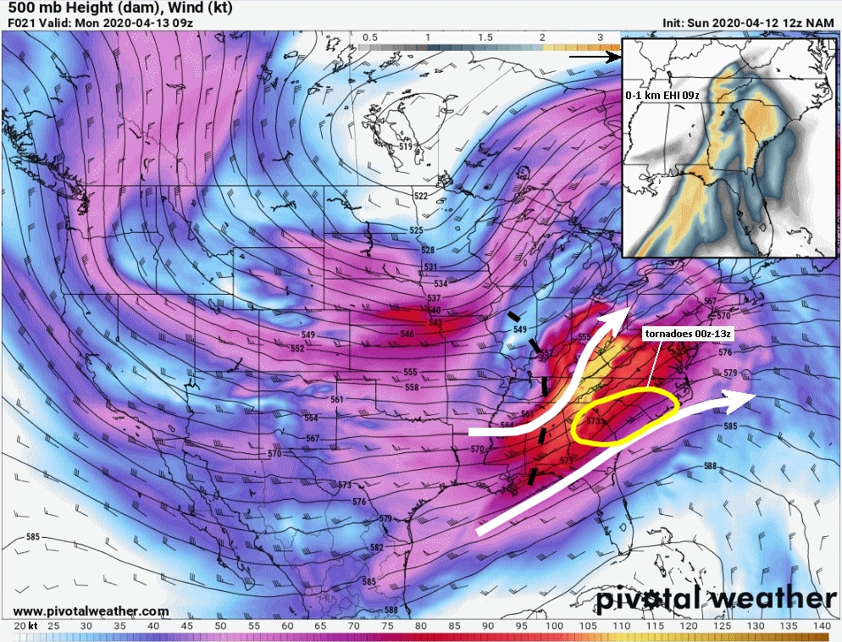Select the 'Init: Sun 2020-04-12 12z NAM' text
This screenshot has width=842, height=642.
coord(749,23)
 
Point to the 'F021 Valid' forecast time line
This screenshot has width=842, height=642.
coord(100,23)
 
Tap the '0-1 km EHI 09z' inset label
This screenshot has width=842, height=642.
coord(662,96)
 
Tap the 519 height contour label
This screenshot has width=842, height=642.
coord(407,147)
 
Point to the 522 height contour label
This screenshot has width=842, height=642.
coord(421,196)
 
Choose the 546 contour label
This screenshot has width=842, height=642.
coord(407,335)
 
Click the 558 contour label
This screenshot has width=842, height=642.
coord(412,387)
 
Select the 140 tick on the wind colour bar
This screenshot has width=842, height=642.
coord(820,625)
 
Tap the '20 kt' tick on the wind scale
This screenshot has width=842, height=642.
coord(25,625)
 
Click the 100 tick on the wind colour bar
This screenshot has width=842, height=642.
coord(554,625)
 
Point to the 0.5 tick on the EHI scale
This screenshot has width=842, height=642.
coord(370,38)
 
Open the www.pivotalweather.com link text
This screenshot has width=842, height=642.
coord(91,611)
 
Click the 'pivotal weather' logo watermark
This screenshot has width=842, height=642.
coord(716,599)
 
